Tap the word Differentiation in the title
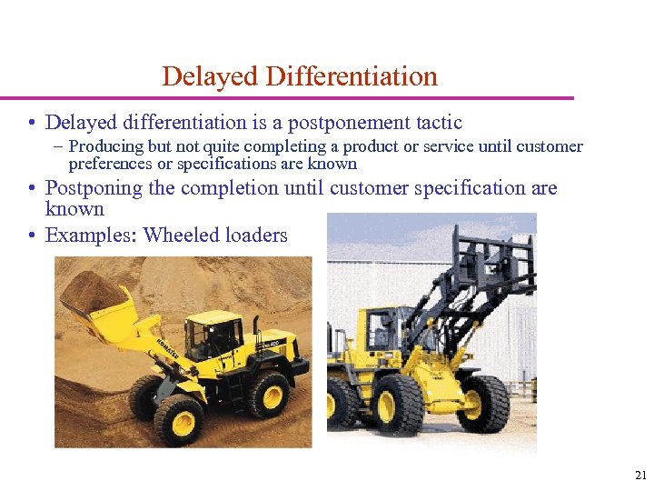tap(352, 76)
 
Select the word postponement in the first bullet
tap(349, 123)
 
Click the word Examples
tap(90, 235)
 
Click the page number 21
tap(640, 475)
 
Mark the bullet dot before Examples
tap(32, 236)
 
